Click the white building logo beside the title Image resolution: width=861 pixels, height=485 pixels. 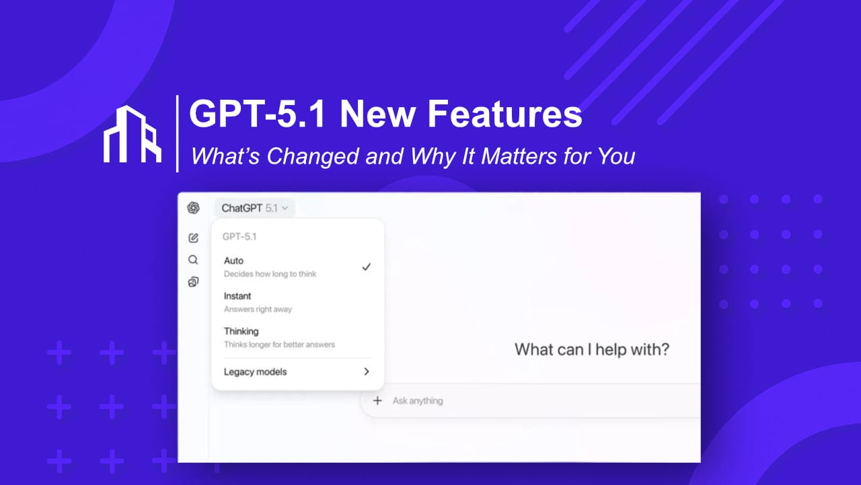coord(133,134)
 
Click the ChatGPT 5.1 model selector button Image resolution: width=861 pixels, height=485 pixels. coord(254,208)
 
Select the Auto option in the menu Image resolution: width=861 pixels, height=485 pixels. coord(234,261)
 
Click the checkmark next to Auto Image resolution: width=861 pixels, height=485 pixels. coord(366,267)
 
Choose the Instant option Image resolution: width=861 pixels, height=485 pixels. coord(237,296)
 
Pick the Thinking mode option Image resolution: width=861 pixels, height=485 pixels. coord(241,331)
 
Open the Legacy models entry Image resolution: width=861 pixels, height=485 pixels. coord(255,372)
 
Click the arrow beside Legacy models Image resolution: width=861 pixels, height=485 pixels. coord(367,371)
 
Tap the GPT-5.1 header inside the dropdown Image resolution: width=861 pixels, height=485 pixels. coord(239,237)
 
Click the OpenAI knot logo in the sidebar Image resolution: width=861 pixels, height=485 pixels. coord(193,207)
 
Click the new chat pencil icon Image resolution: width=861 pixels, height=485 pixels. coord(193,238)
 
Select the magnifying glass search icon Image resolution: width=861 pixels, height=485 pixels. coord(193,260)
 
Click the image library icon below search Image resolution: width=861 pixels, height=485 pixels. coord(193,282)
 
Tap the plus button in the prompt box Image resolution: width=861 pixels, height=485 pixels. coord(377,401)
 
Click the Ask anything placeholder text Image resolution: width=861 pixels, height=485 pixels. coord(418,401)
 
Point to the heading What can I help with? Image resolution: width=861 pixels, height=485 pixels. coord(592,350)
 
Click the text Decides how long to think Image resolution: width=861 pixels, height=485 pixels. coord(270,274)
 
